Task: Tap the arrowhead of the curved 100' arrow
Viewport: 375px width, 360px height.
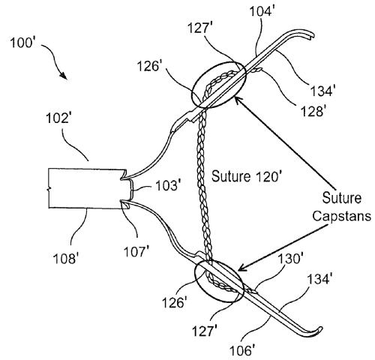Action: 63,76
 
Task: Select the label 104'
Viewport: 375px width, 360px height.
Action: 261,11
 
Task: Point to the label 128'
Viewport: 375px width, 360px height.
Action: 312,111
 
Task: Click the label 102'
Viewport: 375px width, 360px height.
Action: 57,118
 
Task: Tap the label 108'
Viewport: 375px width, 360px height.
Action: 64,258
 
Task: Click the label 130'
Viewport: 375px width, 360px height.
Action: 290,258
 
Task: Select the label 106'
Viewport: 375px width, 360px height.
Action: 242,350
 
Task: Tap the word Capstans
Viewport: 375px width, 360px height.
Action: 341,215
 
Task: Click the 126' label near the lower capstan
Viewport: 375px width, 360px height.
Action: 174,303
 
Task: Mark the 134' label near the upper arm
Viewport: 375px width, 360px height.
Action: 322,90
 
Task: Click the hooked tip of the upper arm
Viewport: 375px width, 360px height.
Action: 313,37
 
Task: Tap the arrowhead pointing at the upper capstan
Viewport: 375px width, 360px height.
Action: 237,100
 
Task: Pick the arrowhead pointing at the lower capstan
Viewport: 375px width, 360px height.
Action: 242,268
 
